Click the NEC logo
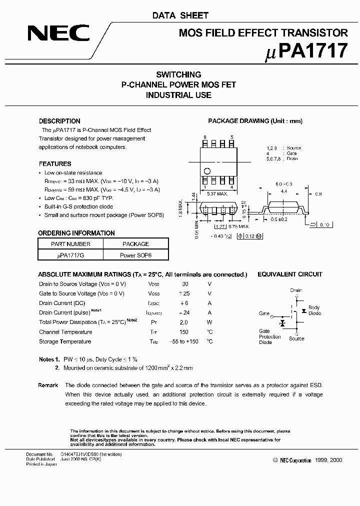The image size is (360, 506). click(59, 33)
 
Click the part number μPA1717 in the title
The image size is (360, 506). click(305, 51)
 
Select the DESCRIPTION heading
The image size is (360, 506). click(59, 121)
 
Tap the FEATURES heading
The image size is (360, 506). click(55, 163)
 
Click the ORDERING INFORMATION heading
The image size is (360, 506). click(76, 233)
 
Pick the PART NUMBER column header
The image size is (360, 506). click(70, 244)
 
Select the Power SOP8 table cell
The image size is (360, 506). click(135, 254)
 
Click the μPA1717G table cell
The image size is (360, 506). click(70, 254)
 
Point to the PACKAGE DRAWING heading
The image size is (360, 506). click(255, 121)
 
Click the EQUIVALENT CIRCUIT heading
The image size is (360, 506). click(289, 274)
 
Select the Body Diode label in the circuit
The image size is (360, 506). click(314, 310)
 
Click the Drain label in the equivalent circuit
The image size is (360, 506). click(296, 290)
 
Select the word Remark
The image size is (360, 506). click(48, 385)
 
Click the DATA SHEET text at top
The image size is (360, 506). click(180, 15)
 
